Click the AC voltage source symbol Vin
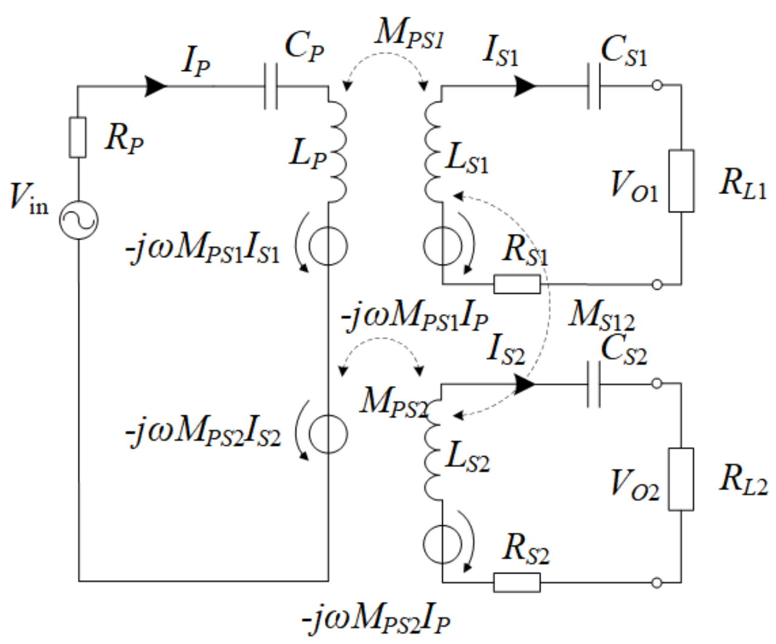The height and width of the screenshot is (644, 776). point(78,220)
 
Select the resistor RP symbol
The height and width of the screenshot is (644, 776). point(78,137)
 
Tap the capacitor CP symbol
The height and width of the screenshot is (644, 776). point(271,86)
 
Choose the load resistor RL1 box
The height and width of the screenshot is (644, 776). point(681,181)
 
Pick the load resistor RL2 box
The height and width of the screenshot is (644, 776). point(681,479)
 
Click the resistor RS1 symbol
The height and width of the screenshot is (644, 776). point(516,284)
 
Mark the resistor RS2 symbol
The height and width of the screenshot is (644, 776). point(516,582)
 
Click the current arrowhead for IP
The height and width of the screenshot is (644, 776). point(156,86)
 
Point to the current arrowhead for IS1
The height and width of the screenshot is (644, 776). point(525,86)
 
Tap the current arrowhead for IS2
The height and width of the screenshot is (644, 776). point(525,384)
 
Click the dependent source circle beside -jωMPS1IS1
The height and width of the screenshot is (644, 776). point(328,246)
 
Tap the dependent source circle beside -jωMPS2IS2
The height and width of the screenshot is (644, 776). point(328,434)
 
